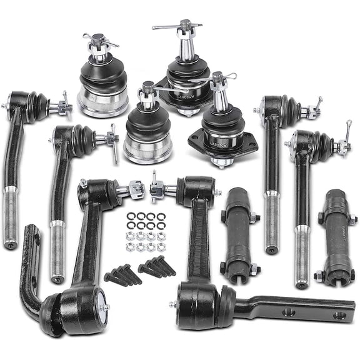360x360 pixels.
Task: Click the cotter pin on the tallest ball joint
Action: [177, 26]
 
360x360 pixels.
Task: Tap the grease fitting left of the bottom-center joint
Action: [172, 304]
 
